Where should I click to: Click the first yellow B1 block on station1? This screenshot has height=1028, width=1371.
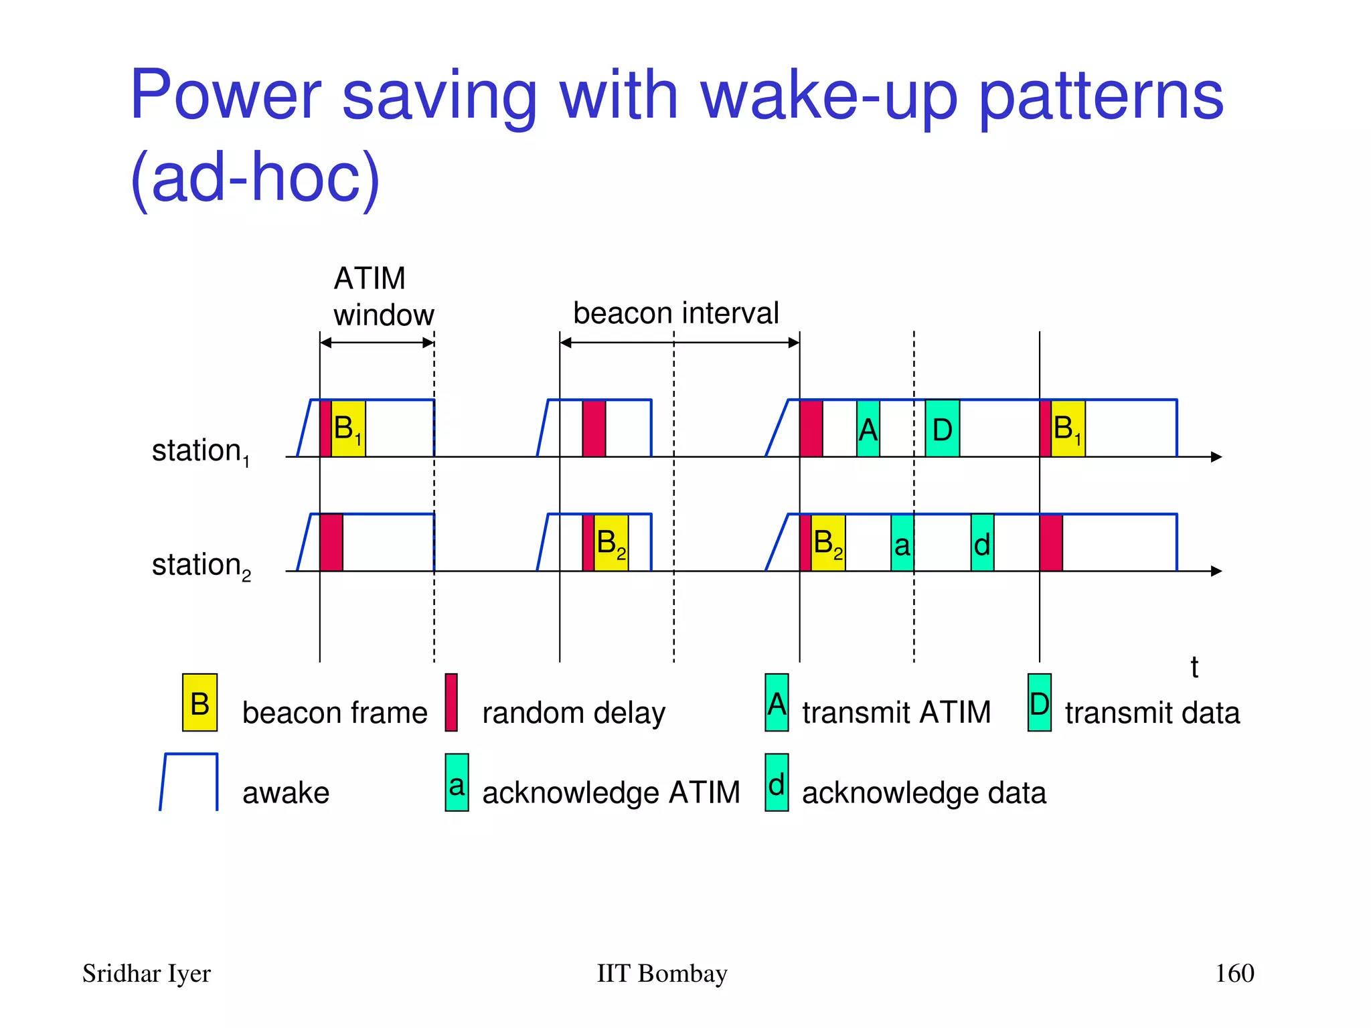pyautogui.click(x=348, y=428)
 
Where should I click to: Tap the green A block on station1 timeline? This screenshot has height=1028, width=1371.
pyautogui.click(x=868, y=429)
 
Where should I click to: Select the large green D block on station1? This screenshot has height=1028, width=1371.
pyautogui.click(x=942, y=429)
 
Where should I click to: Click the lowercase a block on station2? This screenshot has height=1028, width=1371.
pyautogui.click(x=902, y=543)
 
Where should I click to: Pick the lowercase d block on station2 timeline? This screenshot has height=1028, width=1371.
pyautogui.click(x=982, y=543)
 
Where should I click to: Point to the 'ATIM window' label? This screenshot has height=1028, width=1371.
pyautogui.click(x=383, y=296)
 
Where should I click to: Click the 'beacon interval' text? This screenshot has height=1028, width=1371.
pyautogui.click(x=676, y=313)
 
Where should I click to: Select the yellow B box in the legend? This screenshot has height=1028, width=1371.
pyautogui.click(x=199, y=703)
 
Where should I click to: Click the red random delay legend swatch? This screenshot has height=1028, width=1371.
pyautogui.click(x=451, y=703)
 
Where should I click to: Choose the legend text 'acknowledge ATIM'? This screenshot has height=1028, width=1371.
pyautogui.click(x=611, y=792)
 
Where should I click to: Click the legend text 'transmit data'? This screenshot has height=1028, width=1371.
pyautogui.click(x=1152, y=713)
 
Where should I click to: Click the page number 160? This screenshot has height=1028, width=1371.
pyautogui.click(x=1234, y=973)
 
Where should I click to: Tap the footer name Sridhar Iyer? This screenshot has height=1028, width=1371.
pyautogui.click(x=146, y=973)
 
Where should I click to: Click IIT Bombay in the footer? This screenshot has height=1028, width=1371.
pyautogui.click(x=661, y=973)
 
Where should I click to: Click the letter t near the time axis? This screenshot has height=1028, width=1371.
pyautogui.click(x=1194, y=667)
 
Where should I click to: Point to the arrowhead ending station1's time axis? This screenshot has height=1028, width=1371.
pyautogui.click(x=1216, y=457)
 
